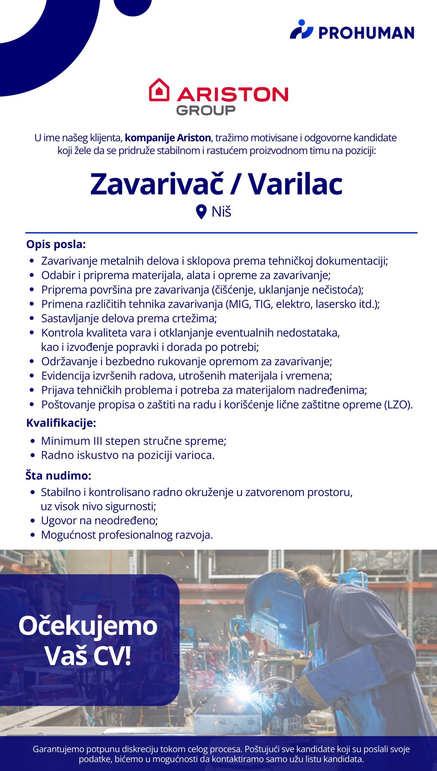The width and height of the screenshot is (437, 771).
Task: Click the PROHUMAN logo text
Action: [x=366, y=33]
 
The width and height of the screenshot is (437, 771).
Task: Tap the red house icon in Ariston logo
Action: [x=159, y=90]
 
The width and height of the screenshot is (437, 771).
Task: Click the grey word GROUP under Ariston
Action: [x=206, y=110]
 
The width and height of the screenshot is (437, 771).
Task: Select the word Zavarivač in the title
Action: [x=157, y=184]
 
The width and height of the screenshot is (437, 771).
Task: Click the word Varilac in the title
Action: [x=295, y=184]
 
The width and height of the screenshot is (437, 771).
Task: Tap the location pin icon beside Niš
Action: [x=201, y=212]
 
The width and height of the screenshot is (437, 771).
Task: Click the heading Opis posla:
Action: [x=56, y=244]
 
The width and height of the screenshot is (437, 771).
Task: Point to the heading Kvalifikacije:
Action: [x=61, y=423]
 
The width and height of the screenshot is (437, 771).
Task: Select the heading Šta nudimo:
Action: [x=58, y=476]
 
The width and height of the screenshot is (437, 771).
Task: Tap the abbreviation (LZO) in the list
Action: [x=398, y=405]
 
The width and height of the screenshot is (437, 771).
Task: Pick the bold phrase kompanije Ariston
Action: [x=168, y=138]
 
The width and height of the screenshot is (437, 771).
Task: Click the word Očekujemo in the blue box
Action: [x=88, y=626]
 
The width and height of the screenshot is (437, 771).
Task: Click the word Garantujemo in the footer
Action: [x=58, y=749]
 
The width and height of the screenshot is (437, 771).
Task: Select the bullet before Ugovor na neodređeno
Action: [x=33, y=521]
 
